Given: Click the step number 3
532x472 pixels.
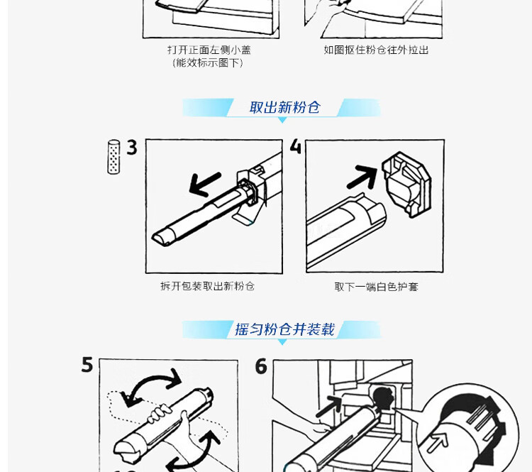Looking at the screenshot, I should [x=132, y=148].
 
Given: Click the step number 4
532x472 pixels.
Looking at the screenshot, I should [x=296, y=147].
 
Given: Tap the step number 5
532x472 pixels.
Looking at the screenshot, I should [x=87, y=365].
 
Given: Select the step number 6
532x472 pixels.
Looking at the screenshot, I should [x=261, y=366].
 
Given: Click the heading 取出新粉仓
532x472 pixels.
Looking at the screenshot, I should [x=284, y=108].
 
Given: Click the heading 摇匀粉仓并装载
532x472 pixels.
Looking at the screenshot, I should [x=284, y=329].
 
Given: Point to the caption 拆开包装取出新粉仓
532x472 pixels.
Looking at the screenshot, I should [x=207, y=287].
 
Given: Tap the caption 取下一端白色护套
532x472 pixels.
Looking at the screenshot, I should [x=376, y=287].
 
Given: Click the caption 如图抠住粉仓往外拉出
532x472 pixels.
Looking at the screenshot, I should [x=376, y=50].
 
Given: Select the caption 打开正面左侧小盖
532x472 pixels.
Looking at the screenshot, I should [x=209, y=50].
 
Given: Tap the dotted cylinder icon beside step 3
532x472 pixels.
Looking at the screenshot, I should [x=113, y=157].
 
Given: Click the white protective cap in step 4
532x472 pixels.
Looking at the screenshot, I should [x=406, y=185].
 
